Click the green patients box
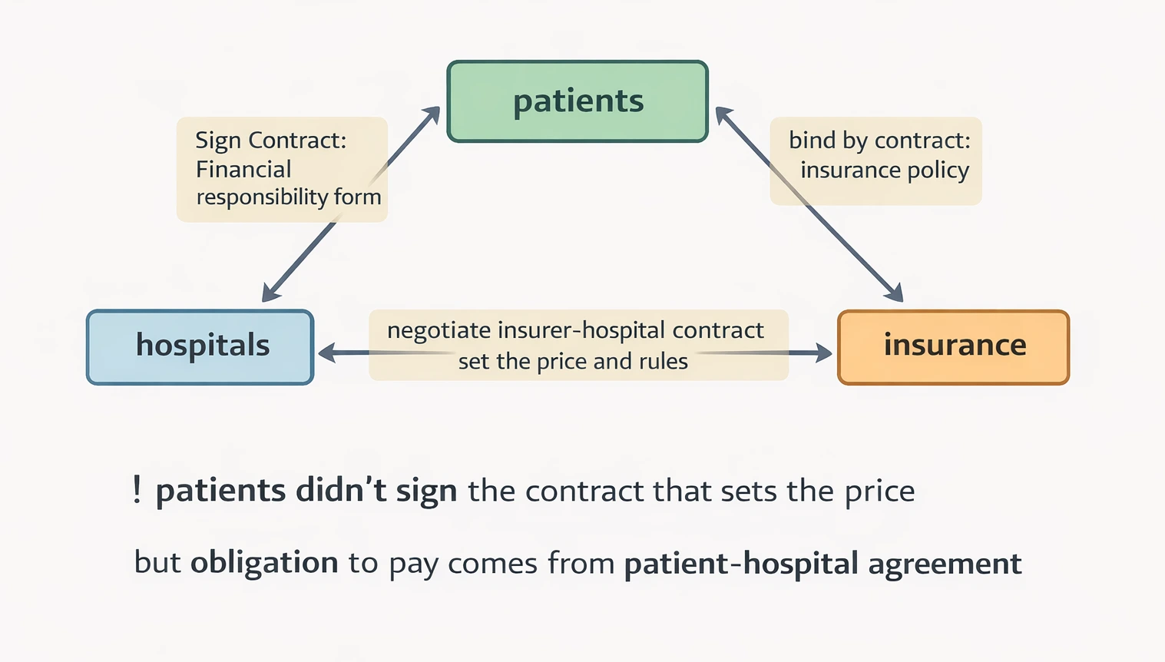coord(578,101)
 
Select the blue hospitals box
coord(200,347)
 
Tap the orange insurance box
coord(953,347)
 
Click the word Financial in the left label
coord(243,169)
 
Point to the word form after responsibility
coord(357,197)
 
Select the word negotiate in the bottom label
coord(439,330)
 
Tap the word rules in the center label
coord(664,361)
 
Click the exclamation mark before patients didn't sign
coord(137,489)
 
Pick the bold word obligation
coord(264,562)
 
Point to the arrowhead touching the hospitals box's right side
coord(326,353)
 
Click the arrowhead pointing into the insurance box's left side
coord(824,353)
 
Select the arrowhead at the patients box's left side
coord(432,114)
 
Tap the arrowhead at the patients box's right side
coord(723,115)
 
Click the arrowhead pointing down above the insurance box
coord(895,293)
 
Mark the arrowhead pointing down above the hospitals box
coord(270,293)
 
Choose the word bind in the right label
coord(812,141)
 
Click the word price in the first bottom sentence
coord(880,492)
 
